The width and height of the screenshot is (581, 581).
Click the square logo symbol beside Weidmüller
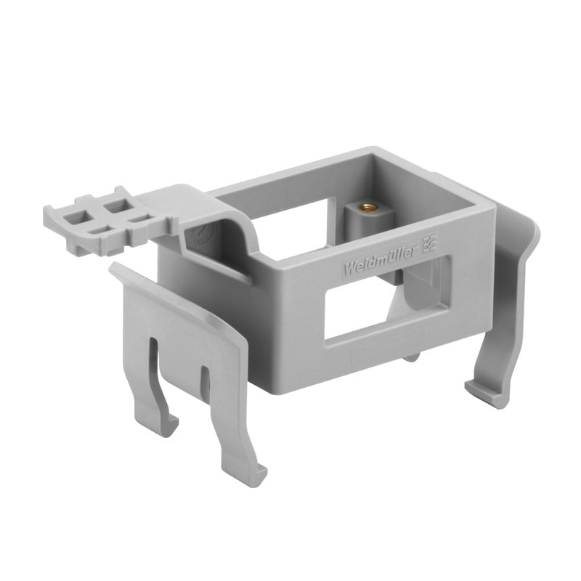430,243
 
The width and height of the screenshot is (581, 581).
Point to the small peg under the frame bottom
411,357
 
